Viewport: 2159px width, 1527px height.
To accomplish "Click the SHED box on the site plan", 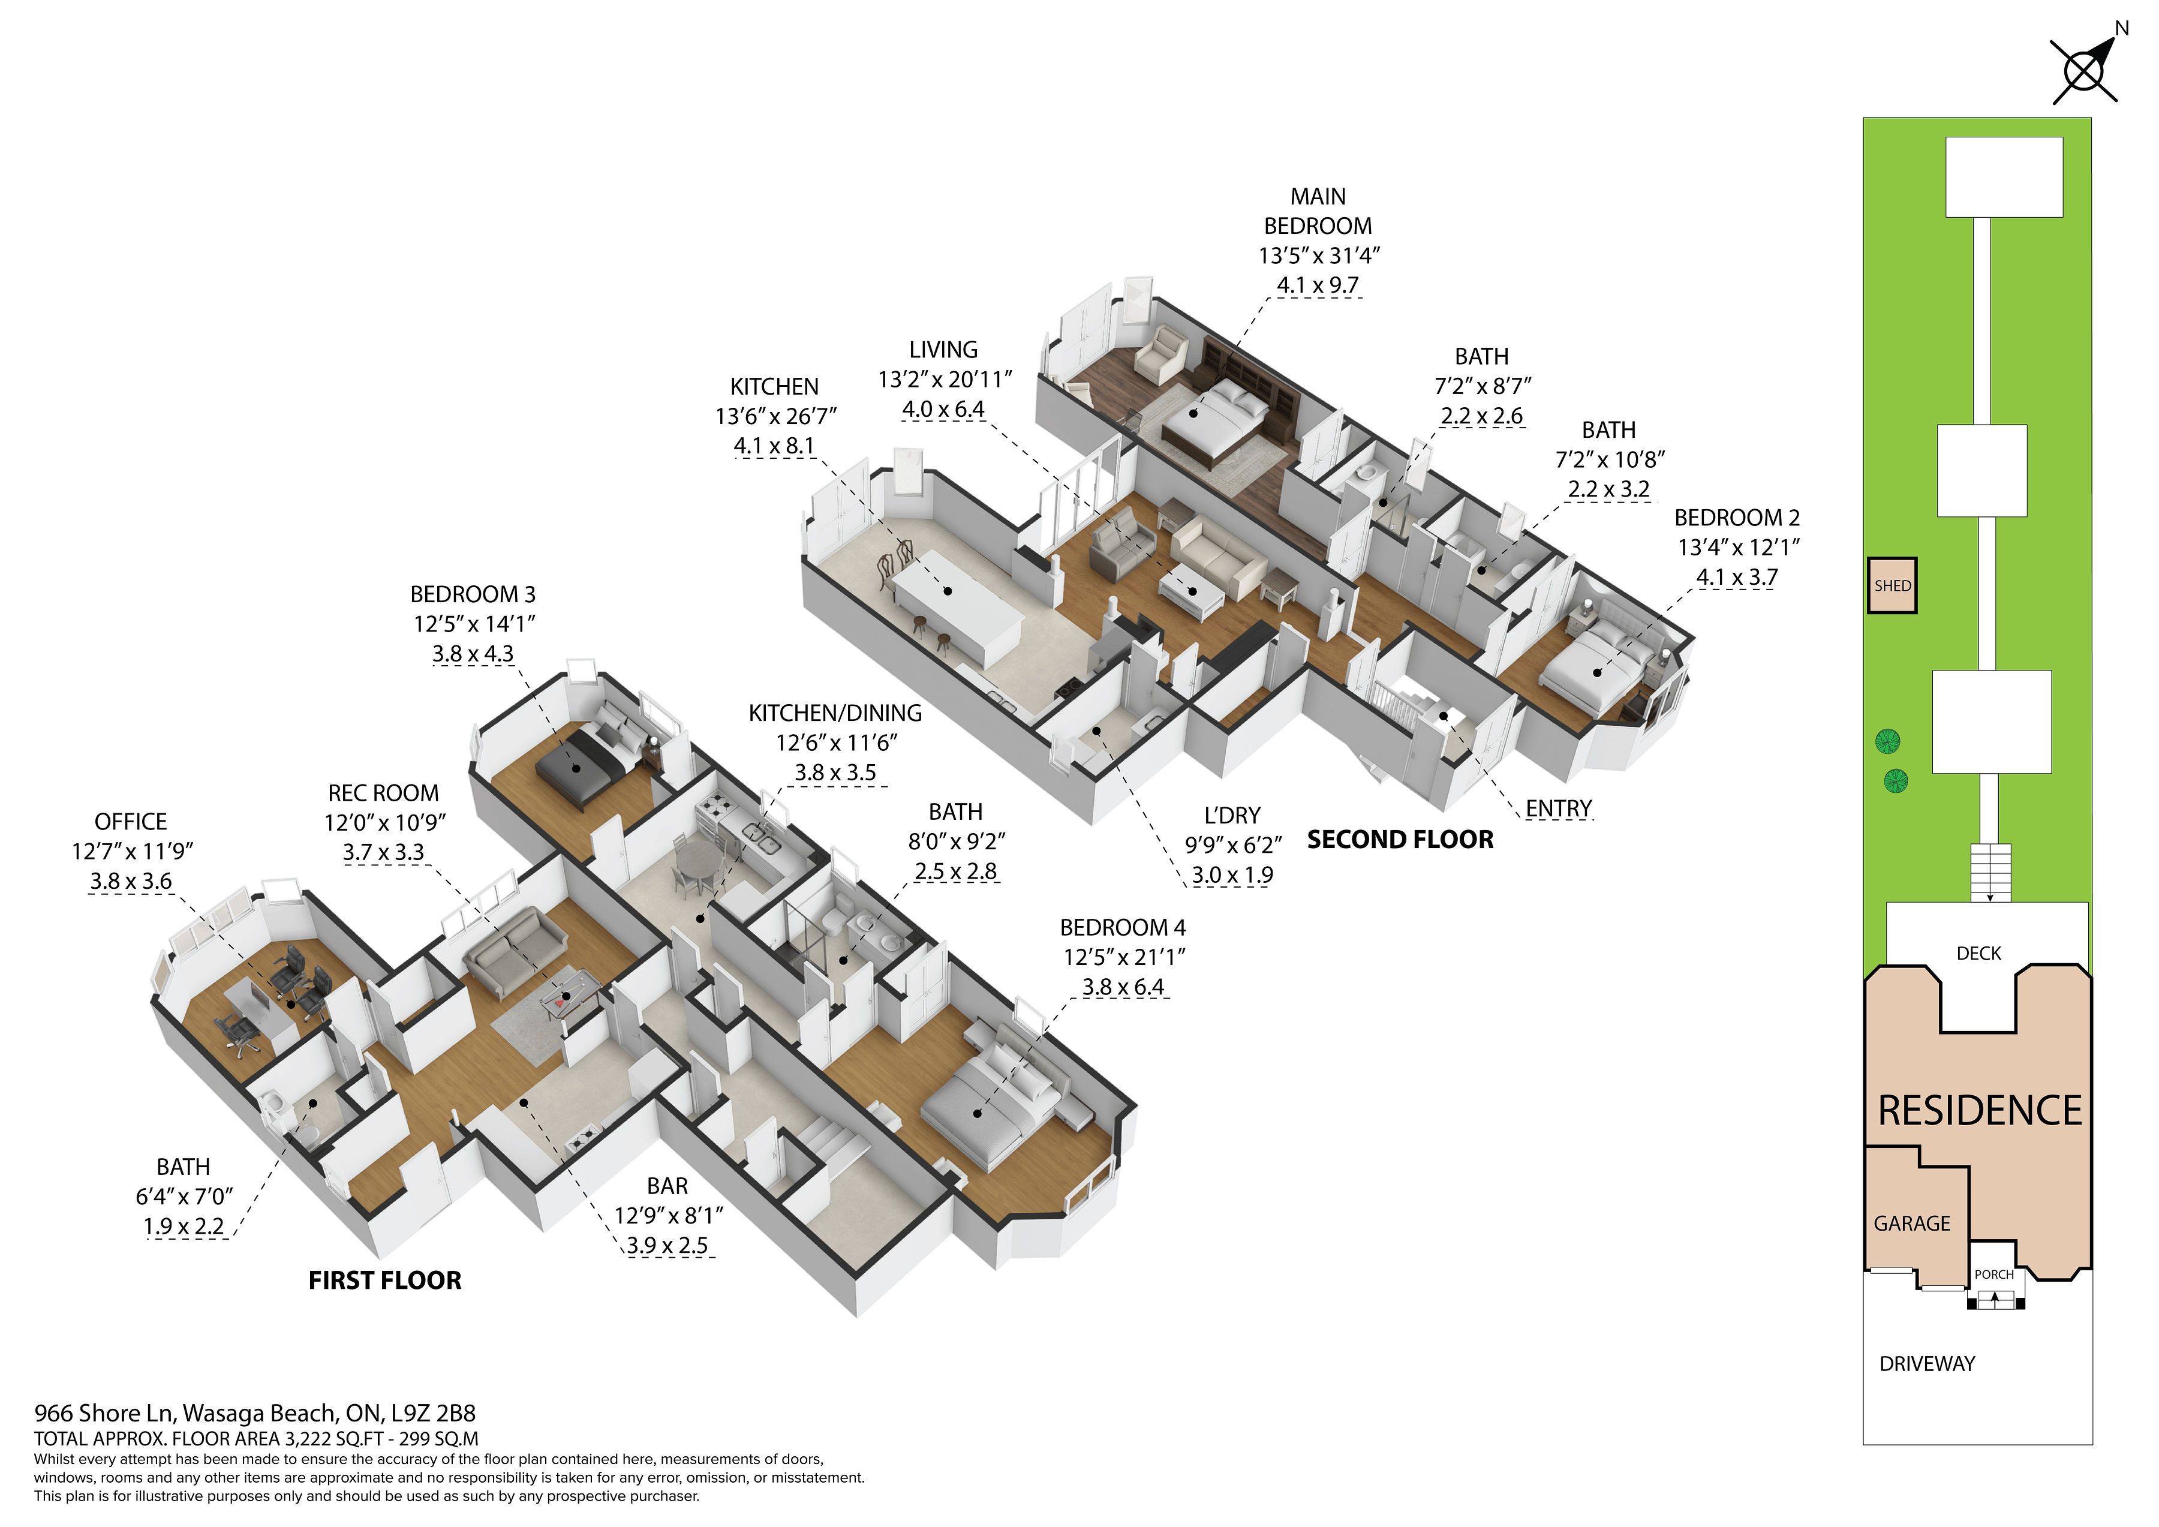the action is pos(1892,586).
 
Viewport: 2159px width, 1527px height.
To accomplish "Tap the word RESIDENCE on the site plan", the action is pos(1980,1110).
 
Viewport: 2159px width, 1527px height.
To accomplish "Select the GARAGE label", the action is pos(1912,1224).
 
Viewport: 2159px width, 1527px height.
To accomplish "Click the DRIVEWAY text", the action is pos(1927,1363).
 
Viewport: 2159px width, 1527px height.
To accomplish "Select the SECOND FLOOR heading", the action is pos(1400,840).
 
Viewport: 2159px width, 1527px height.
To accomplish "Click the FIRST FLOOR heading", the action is pos(384,1280).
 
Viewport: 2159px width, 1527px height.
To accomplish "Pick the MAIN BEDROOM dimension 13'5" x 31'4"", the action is pos(1319,255).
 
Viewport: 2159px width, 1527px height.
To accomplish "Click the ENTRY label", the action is pos(1558,808).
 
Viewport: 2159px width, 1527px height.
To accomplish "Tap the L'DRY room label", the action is pos(1232,815).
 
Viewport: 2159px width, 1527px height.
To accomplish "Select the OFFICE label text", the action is pos(131,822).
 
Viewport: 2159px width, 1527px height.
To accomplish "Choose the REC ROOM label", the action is pos(384,793).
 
